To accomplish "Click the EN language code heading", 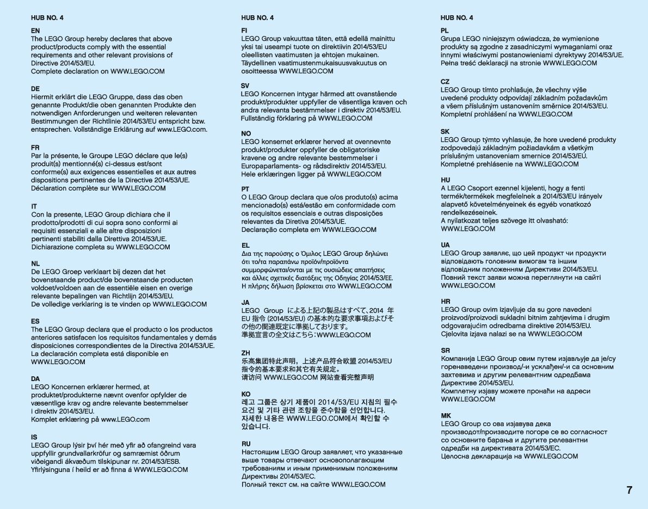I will click(35, 31).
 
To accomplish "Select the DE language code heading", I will click(35, 89).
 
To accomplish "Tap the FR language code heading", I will click(35, 148).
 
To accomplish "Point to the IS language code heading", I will click(34, 437).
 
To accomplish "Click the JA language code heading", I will click(245, 302).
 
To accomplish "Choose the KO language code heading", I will click(246, 394).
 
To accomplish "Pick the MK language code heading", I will click(446, 415).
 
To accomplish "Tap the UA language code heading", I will click(446, 245).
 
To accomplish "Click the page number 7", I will click(629, 490).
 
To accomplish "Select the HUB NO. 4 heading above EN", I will click(47, 18).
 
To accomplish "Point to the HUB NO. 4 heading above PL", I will click(456, 18).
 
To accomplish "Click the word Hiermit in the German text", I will click(43, 97).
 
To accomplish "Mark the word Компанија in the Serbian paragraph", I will click(458, 359).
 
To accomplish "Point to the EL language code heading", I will click(245, 246).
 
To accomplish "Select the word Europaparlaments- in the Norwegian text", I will click(271, 166).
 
